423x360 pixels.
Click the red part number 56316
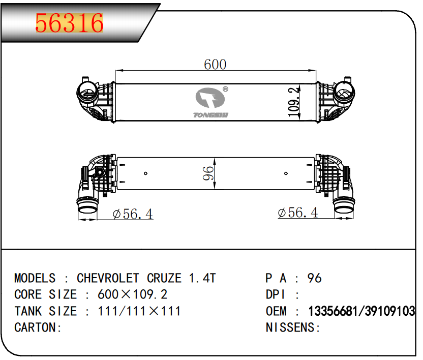click(70, 23)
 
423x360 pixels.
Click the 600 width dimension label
click(215, 65)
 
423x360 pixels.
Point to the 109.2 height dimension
click(293, 102)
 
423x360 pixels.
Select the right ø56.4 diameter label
click(297, 213)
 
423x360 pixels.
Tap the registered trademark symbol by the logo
click(225, 89)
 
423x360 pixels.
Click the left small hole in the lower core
click(145, 174)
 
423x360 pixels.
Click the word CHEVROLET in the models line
click(108, 278)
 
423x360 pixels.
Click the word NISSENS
click(290, 327)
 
